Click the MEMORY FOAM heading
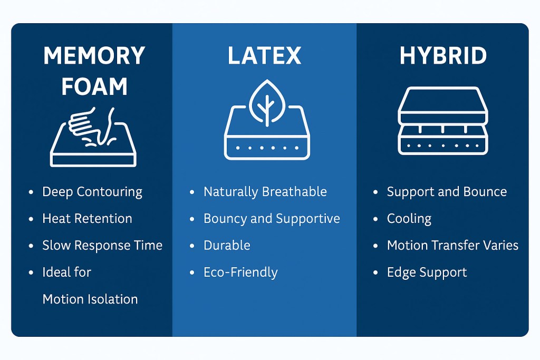pyautogui.click(x=94, y=71)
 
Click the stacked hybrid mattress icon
pyautogui.click(x=443, y=121)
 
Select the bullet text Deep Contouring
pyautogui.click(x=92, y=191)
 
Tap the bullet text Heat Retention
pyautogui.click(x=87, y=218)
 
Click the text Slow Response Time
pyautogui.click(x=102, y=245)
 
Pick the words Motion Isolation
pyautogui.click(x=90, y=299)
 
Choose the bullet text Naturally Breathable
pyautogui.click(x=265, y=191)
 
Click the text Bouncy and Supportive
pyautogui.click(x=272, y=218)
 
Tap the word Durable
pyautogui.click(x=227, y=245)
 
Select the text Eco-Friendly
pyautogui.click(x=240, y=273)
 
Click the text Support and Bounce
pyautogui.click(x=447, y=191)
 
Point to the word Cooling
pyautogui.click(x=409, y=218)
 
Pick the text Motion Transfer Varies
pyautogui.click(x=452, y=245)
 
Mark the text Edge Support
pyautogui.click(x=427, y=273)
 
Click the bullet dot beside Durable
pyautogui.click(x=191, y=246)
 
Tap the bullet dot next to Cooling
pyautogui.click(x=375, y=219)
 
